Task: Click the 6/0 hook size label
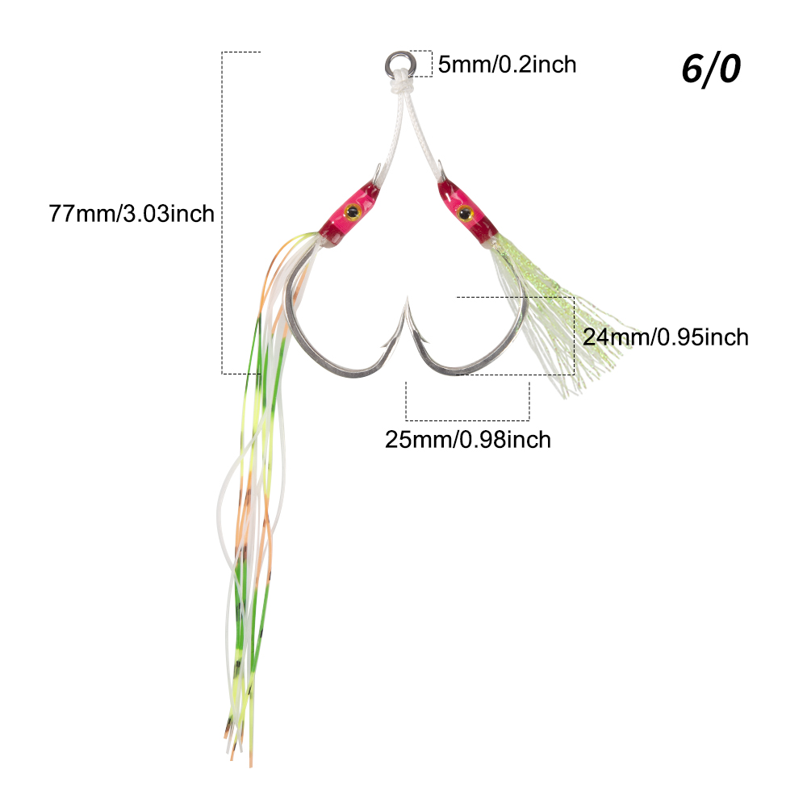711,69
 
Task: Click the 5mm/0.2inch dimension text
507,65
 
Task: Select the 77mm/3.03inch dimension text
132,214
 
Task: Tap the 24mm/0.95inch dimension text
666,337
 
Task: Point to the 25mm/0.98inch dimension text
468,440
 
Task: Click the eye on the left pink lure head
352,211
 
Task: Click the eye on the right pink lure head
465,212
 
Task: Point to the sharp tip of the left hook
407,298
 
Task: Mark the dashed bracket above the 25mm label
467,420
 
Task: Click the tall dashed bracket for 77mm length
223,212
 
